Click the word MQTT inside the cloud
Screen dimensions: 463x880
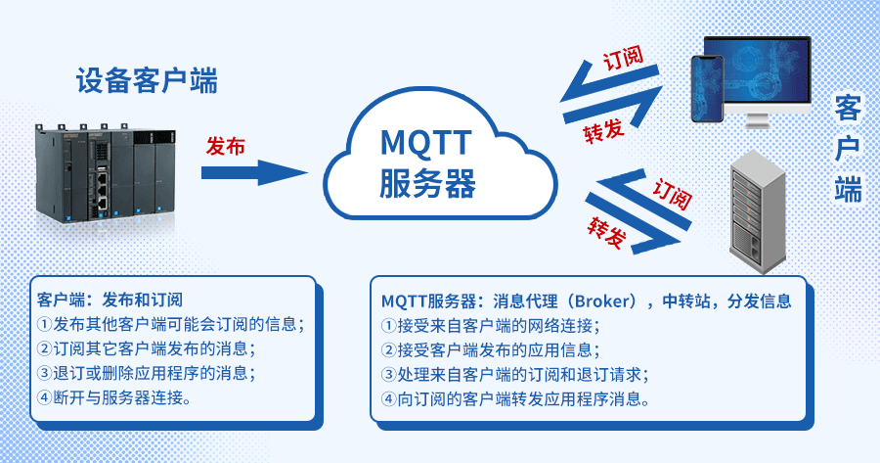(x=427, y=144)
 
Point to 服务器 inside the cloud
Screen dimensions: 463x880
(x=427, y=183)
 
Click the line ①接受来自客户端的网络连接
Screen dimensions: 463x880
(x=489, y=325)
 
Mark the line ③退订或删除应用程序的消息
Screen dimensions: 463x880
(x=147, y=373)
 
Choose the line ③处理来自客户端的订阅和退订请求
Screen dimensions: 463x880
(x=514, y=374)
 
